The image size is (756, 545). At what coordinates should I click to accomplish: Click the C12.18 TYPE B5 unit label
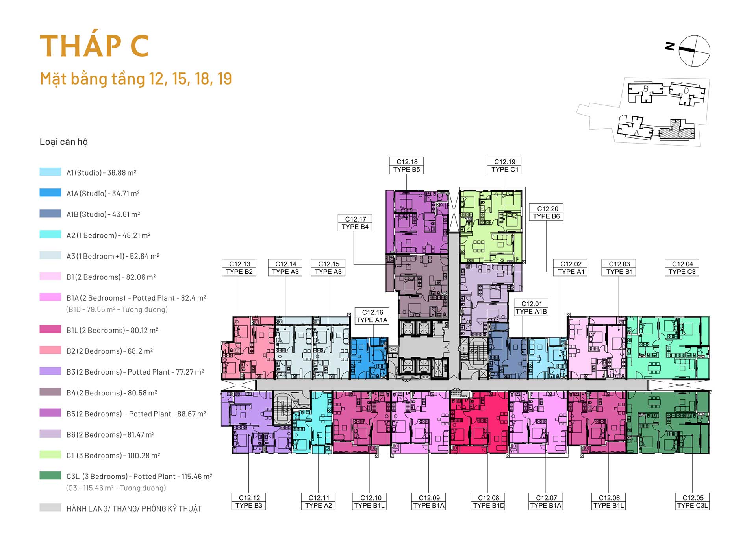[407, 166]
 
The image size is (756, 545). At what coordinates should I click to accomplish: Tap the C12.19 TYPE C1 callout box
[504, 166]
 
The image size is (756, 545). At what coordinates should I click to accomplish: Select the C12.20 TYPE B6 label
[546, 212]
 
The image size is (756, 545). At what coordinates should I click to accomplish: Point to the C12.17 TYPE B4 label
[355, 223]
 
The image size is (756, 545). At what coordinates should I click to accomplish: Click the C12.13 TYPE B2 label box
[239, 268]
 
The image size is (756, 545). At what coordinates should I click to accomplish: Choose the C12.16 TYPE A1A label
[372, 316]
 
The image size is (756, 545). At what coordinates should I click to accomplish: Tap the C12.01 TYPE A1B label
[531, 307]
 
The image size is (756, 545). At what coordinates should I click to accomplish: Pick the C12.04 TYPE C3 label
[682, 268]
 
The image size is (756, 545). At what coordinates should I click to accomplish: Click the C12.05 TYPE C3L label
[692, 502]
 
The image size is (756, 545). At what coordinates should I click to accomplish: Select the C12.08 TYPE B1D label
[488, 502]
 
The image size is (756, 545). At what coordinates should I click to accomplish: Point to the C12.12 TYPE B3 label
[249, 502]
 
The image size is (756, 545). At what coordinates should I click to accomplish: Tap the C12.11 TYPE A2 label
[319, 502]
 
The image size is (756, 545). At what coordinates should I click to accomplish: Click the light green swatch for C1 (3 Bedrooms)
[50, 454]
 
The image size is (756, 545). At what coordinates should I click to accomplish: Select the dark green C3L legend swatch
[50, 475]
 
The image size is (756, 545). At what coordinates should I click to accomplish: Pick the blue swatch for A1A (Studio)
[50, 192]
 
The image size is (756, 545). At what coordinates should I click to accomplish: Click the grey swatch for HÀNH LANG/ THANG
[50, 508]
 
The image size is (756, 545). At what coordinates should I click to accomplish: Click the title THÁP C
[94, 46]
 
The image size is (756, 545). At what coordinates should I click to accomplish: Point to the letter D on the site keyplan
[686, 91]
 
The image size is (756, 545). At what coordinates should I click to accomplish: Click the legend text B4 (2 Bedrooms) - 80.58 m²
[112, 393]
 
